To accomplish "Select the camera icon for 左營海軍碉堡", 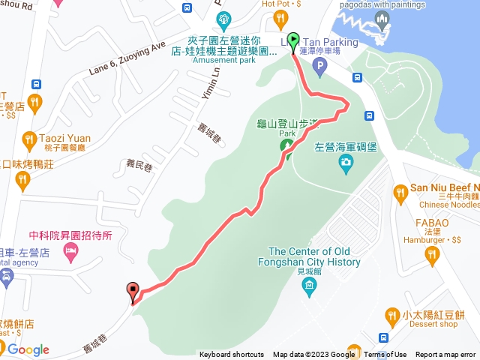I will point(346,162).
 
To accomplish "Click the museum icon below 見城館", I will point(307,288).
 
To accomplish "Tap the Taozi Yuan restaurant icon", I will point(28,139).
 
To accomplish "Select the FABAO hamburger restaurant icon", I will point(431,256).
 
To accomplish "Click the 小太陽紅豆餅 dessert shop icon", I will point(391,315).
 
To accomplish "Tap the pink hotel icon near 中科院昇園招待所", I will point(71,256).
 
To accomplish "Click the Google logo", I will point(28,349).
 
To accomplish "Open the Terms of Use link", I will point(385,355).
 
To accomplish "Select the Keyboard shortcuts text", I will point(231,355).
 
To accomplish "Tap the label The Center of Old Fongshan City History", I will point(314,256).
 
